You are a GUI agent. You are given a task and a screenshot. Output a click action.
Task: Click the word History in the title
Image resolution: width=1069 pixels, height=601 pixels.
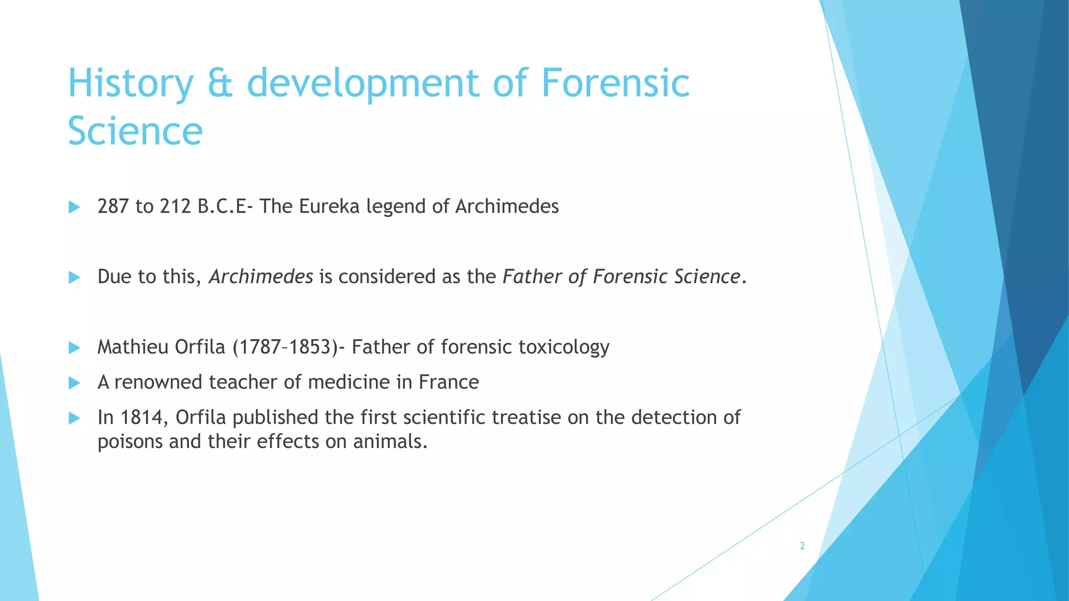point(130,83)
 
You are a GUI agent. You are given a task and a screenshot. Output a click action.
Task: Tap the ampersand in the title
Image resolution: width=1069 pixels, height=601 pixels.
point(220,83)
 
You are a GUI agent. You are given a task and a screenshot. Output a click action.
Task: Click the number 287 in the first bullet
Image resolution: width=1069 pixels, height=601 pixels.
point(113,207)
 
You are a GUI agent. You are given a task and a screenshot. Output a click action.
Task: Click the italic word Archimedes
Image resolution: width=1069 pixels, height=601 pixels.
point(260,277)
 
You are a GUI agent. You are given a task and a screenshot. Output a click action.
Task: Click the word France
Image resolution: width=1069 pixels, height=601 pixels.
point(448,382)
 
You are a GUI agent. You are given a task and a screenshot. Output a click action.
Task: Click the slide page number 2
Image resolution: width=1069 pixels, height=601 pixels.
point(802,546)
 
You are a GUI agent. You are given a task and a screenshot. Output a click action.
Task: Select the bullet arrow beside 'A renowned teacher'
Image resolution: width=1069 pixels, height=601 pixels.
point(74,383)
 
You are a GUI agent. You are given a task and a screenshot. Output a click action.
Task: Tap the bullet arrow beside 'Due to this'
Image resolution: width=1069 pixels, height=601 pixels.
point(74,278)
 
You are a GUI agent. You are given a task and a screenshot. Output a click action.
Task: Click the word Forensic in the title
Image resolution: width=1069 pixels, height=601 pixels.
point(615,83)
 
